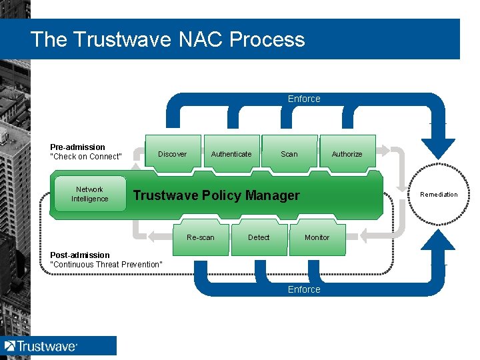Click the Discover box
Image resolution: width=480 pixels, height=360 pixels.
click(x=172, y=154)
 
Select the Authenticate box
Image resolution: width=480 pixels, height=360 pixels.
click(x=231, y=154)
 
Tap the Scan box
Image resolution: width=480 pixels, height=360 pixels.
click(x=289, y=154)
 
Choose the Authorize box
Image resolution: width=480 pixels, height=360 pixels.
click(x=347, y=154)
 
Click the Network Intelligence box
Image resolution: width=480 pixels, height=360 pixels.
click(x=89, y=194)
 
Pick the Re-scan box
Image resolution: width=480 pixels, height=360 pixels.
click(x=201, y=238)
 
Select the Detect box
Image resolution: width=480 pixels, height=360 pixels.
click(x=259, y=238)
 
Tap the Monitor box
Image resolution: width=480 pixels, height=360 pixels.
click(x=317, y=238)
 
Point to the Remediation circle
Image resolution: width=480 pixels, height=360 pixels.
click(x=439, y=195)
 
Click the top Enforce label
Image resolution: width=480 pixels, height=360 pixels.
click(x=304, y=99)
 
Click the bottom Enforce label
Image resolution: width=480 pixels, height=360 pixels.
click(x=304, y=289)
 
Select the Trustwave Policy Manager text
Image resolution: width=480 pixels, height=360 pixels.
click(x=217, y=195)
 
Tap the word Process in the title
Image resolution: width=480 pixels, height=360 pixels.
click(x=267, y=39)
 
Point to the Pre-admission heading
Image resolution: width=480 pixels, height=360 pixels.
click(x=77, y=147)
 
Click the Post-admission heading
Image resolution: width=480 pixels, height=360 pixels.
click(x=80, y=255)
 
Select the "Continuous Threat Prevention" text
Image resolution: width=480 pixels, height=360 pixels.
click(x=106, y=265)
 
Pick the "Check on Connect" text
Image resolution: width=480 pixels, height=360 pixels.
click(x=86, y=157)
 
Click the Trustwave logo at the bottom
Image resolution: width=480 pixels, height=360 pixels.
click(x=41, y=346)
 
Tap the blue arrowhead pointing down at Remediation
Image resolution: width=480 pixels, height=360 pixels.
click(x=439, y=147)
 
